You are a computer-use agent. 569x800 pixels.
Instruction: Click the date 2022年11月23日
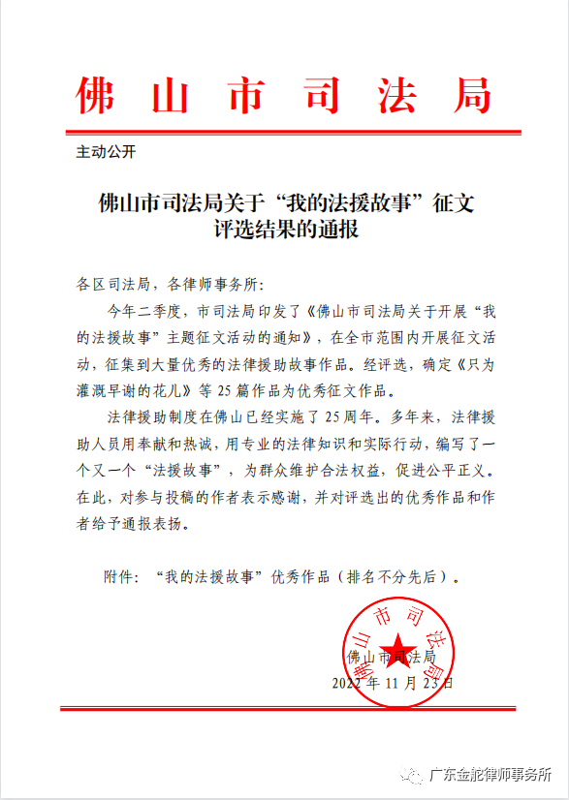pos(392,682)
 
